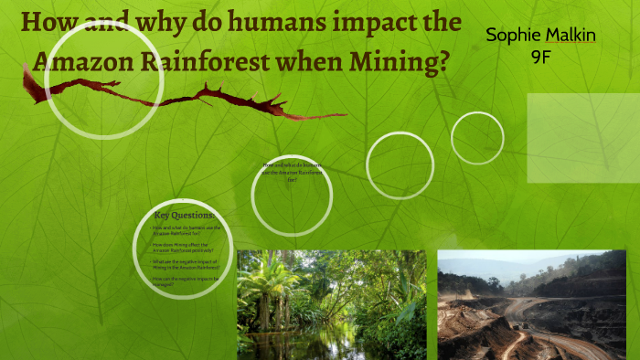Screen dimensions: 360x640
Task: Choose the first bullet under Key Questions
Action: click(187, 229)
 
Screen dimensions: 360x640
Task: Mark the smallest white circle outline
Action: click(477, 138)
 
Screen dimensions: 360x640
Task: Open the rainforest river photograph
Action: click(331, 304)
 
